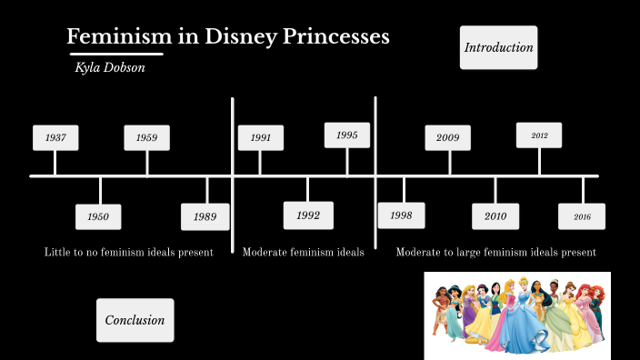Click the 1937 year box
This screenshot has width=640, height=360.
(x=55, y=137)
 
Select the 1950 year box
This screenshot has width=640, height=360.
(x=98, y=217)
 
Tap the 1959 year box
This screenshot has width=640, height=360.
(x=147, y=137)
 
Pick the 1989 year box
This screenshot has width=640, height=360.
(x=205, y=217)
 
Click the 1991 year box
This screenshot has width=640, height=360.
(x=261, y=137)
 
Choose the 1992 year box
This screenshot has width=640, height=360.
(x=308, y=215)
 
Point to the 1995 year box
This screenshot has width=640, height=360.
(x=347, y=135)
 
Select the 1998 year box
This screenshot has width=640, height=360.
(x=401, y=215)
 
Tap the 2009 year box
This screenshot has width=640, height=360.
(x=448, y=137)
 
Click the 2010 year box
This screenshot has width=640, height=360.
(x=495, y=216)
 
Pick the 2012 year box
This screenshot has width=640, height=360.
(x=539, y=135)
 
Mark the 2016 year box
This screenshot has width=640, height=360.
(x=582, y=216)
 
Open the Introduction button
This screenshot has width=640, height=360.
(x=498, y=47)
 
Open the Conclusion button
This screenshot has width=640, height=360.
(x=135, y=320)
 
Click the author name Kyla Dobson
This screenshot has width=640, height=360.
(x=110, y=68)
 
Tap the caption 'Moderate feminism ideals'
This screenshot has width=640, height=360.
(x=303, y=252)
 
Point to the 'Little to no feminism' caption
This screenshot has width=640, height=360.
(x=128, y=252)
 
